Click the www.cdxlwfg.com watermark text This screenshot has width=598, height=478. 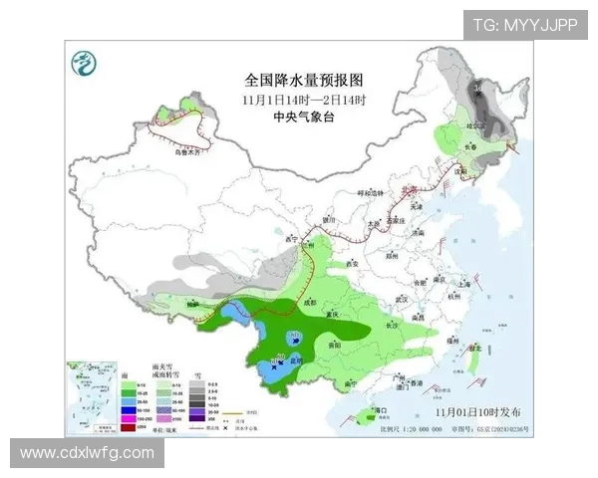[88, 453]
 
